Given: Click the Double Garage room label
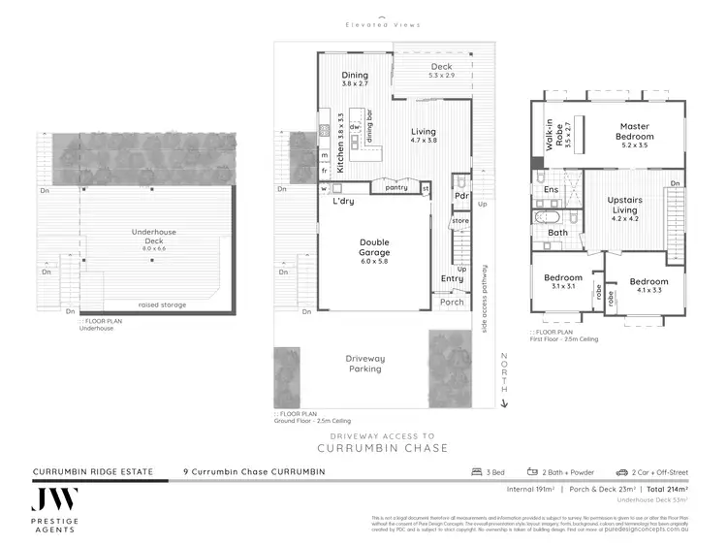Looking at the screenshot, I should coord(373,248).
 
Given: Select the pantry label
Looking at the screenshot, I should coord(395,188).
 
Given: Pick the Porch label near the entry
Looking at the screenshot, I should coord(452,302).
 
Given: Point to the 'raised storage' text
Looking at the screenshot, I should coord(160,305).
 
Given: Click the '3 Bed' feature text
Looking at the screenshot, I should coord(490,472).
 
